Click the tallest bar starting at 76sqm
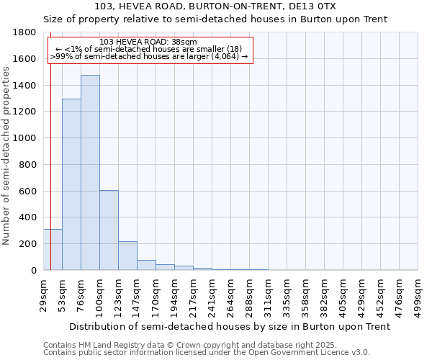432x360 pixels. [90, 173]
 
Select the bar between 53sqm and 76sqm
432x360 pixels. [71, 184]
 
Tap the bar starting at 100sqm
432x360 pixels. [109, 230]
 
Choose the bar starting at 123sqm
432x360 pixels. [127, 256]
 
